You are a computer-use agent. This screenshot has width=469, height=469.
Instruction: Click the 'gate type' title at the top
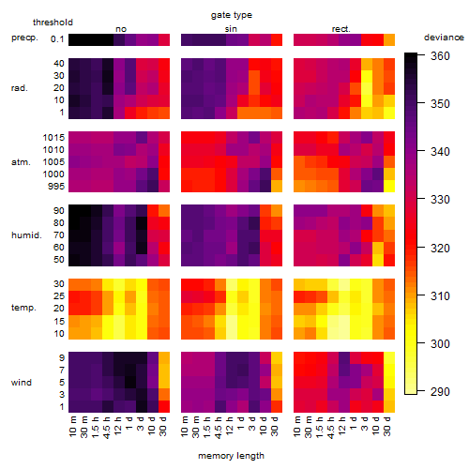pos(232,15)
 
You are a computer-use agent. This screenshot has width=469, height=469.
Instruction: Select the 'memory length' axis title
pos(231,456)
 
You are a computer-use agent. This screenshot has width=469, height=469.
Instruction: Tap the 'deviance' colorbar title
pos(444,38)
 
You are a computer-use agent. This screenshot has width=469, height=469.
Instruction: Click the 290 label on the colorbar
pos(440,391)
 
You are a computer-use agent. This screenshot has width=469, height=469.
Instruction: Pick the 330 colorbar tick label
pos(440,200)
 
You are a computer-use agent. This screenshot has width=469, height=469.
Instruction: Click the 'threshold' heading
pos(53,23)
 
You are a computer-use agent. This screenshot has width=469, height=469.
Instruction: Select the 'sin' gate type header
pos(231,29)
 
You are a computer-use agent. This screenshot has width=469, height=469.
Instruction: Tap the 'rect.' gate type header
pos(341,29)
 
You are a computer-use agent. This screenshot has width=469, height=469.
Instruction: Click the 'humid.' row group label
pos(26,235)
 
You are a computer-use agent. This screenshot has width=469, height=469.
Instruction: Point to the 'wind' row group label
pos(22,383)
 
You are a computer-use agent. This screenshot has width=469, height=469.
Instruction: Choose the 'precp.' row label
pos(24,38)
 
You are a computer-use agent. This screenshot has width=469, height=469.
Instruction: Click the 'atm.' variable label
pos(21,162)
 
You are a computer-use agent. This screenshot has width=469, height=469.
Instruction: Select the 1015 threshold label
pos(53,138)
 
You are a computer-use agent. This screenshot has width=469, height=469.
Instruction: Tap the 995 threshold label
pos(56,187)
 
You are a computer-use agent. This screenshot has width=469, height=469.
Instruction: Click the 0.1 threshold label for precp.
pos(57,39)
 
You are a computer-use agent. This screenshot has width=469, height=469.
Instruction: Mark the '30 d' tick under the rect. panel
pos(387,426)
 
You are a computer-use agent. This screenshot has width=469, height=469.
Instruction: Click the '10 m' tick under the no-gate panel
pos(73,426)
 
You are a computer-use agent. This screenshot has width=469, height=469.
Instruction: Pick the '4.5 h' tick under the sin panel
pos(219,427)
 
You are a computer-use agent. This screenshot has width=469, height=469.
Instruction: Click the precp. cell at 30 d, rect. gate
pos(389,40)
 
